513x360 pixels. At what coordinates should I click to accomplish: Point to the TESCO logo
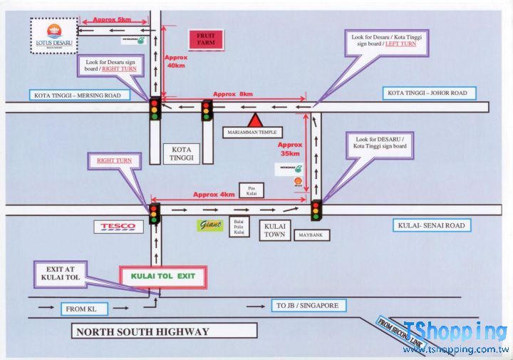click(x=118, y=227)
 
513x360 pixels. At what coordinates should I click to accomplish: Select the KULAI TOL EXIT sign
click(x=164, y=277)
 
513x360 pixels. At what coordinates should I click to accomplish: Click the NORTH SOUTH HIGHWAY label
click(x=165, y=331)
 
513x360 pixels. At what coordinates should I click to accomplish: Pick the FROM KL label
click(x=85, y=309)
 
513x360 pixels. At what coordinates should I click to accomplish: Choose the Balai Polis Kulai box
click(x=239, y=227)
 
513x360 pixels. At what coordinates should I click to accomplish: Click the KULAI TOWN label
click(x=275, y=230)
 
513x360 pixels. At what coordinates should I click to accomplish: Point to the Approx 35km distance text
click(x=291, y=148)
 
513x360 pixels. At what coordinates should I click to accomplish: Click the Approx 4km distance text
click(x=214, y=195)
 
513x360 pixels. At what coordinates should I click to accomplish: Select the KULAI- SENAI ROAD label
click(x=430, y=226)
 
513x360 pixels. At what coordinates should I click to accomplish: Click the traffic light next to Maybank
click(x=316, y=210)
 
